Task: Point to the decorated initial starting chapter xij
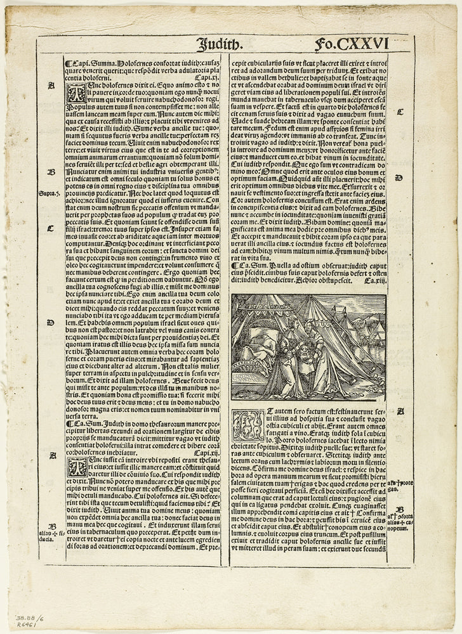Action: [x=74, y=468]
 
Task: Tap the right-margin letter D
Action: [x=399, y=178]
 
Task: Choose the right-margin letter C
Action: [x=400, y=112]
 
